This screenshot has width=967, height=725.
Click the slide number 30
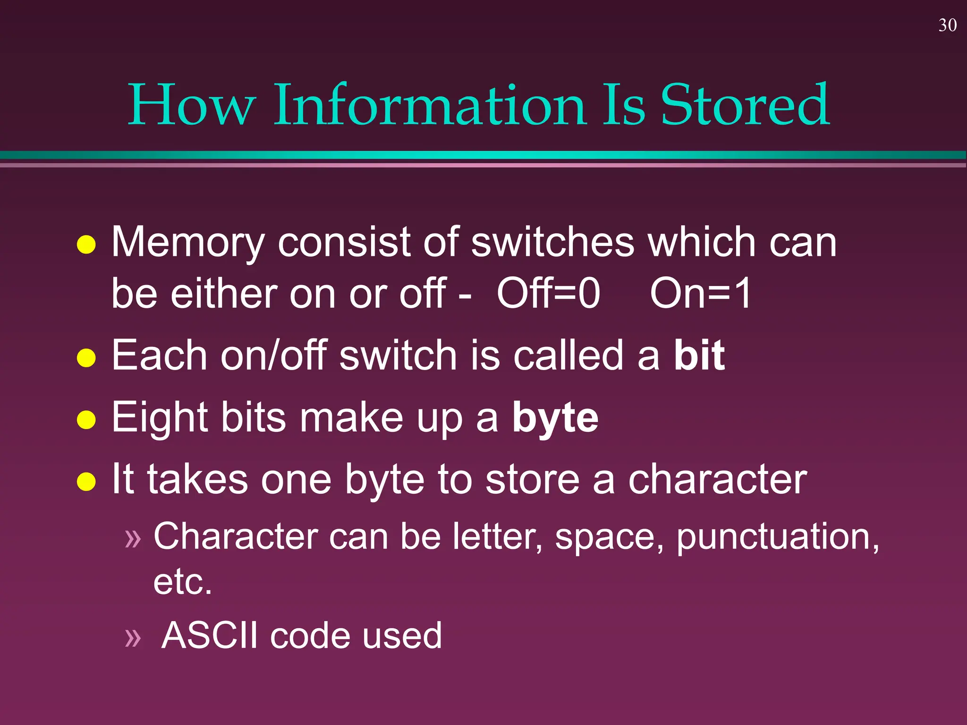(x=947, y=25)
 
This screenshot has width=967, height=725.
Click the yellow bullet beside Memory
(x=86, y=244)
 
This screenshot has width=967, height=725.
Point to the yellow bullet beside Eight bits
(x=86, y=420)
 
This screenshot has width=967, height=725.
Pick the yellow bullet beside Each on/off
(x=86, y=357)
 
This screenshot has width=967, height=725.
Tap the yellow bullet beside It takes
(x=86, y=481)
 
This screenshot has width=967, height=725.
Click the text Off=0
(x=548, y=294)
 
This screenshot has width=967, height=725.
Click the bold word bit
(x=699, y=355)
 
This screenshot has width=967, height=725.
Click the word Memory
(x=187, y=243)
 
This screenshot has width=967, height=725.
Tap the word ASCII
(x=210, y=635)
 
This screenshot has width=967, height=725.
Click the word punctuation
(x=777, y=537)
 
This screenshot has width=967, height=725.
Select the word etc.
(x=182, y=582)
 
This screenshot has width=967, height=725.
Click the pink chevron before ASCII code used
(x=133, y=638)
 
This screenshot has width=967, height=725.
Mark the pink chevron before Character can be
(x=133, y=539)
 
